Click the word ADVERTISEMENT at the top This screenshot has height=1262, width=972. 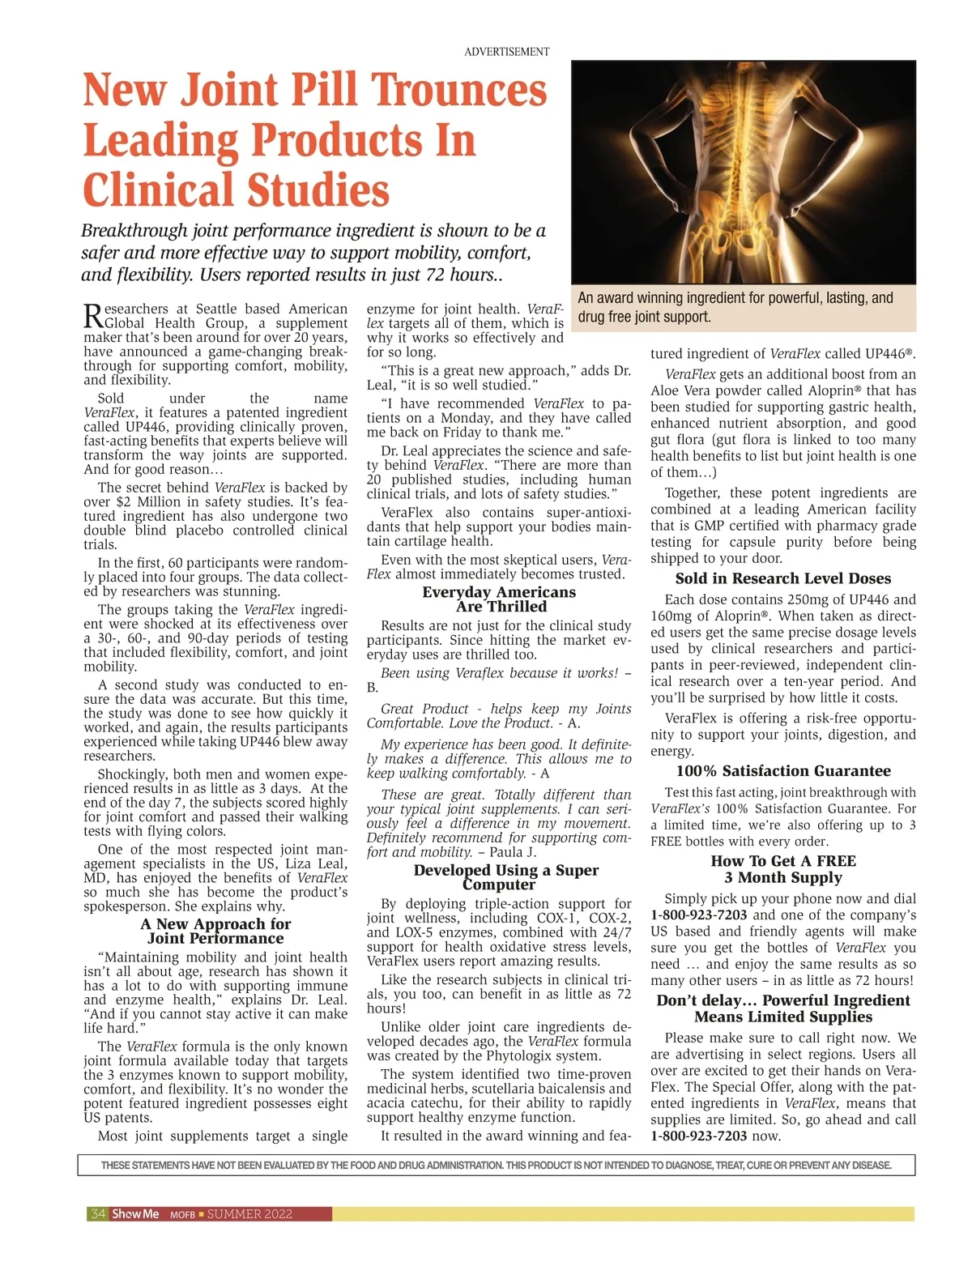tap(506, 52)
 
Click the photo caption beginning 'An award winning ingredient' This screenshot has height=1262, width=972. tap(735, 307)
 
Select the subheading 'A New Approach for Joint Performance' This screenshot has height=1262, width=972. tap(215, 932)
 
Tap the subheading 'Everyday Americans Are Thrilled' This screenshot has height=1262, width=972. tap(499, 599)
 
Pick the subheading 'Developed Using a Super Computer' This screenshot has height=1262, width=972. tap(505, 877)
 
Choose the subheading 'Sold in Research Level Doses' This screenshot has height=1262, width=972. tap(782, 579)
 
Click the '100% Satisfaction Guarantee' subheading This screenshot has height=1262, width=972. tap(782, 771)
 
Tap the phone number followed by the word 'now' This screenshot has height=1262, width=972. tap(699, 1136)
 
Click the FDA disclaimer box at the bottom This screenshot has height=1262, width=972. tap(496, 1166)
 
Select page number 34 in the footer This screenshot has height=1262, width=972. tap(98, 1214)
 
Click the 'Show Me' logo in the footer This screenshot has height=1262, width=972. tap(135, 1214)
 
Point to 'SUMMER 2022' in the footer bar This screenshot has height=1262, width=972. tap(249, 1214)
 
